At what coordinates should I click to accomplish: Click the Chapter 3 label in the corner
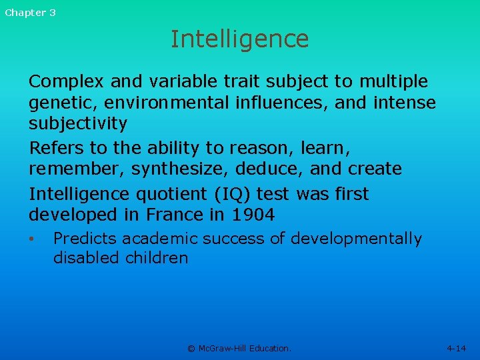(31, 13)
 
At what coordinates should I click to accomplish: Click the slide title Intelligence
(239, 39)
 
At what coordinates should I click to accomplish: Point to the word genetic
(58, 103)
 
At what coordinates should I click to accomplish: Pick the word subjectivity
(77, 124)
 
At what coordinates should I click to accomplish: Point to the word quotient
(173, 194)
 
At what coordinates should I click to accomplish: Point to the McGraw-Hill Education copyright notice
(239, 348)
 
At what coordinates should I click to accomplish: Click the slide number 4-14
(457, 348)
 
